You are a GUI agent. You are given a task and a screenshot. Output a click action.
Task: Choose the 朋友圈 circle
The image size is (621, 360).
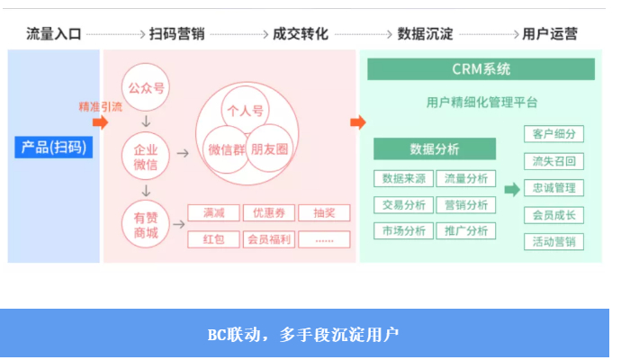point(269,148)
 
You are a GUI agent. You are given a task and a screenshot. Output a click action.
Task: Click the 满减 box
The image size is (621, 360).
point(213,213)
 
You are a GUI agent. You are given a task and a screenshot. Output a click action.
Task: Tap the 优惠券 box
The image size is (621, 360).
point(268,213)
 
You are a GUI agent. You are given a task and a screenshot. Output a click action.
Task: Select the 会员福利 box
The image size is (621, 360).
point(268,239)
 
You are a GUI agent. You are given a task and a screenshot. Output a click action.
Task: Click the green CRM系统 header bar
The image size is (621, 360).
point(481,69)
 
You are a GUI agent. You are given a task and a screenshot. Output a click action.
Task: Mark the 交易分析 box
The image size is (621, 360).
point(403,204)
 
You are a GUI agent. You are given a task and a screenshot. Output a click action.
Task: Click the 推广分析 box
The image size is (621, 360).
point(465,230)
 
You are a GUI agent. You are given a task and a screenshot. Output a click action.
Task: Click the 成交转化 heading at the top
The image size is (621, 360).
point(301,34)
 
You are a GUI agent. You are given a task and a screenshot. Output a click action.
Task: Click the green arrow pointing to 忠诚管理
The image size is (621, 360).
point(511,189)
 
